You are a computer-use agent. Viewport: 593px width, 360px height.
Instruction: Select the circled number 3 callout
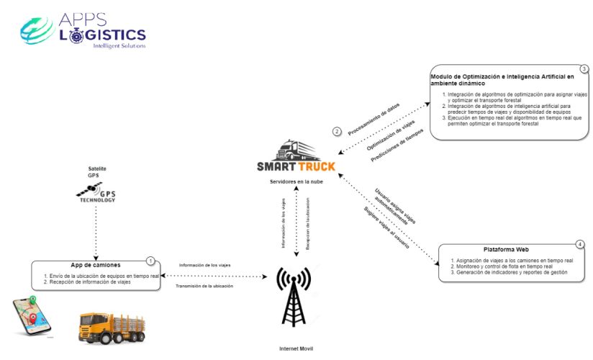(584, 69)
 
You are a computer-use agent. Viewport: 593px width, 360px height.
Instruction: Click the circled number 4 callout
(580, 244)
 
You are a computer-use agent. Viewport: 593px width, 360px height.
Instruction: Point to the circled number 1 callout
(150, 261)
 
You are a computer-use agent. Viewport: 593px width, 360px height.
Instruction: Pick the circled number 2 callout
(336, 131)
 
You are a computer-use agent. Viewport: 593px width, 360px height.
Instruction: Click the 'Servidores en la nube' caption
(296, 181)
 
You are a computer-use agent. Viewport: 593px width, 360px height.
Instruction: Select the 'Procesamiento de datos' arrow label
(374, 118)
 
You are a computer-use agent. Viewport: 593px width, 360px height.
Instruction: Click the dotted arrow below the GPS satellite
(96, 232)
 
